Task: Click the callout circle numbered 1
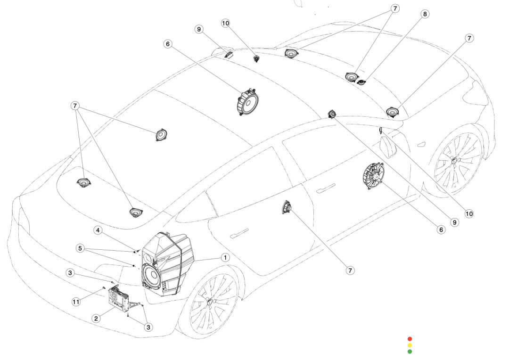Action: click(225, 257)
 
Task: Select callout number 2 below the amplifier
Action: click(96, 318)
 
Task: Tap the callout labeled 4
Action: click(98, 230)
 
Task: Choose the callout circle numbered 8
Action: click(425, 14)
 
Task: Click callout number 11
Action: click(76, 302)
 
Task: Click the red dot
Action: click(410, 339)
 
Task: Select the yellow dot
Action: click(410, 345)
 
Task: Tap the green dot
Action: click(410, 351)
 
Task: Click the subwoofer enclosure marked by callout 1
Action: click(167, 264)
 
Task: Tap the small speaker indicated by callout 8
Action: click(362, 82)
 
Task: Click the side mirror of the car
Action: click(388, 146)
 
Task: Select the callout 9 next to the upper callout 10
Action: click(199, 29)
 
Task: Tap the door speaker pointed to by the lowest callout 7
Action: click(286, 207)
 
